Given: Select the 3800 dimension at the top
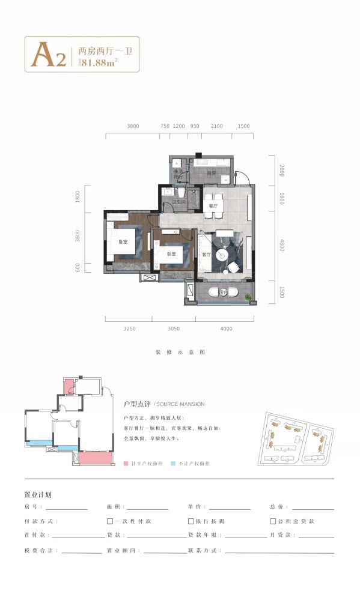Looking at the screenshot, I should tap(133, 126).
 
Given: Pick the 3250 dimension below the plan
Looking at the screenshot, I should tap(130, 328).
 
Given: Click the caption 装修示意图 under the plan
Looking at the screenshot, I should tap(180, 352).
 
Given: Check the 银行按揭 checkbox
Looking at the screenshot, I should tap(191, 521).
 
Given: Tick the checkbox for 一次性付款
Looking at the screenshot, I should tap(109, 521).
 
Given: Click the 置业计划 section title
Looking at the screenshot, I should tap(37, 495).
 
